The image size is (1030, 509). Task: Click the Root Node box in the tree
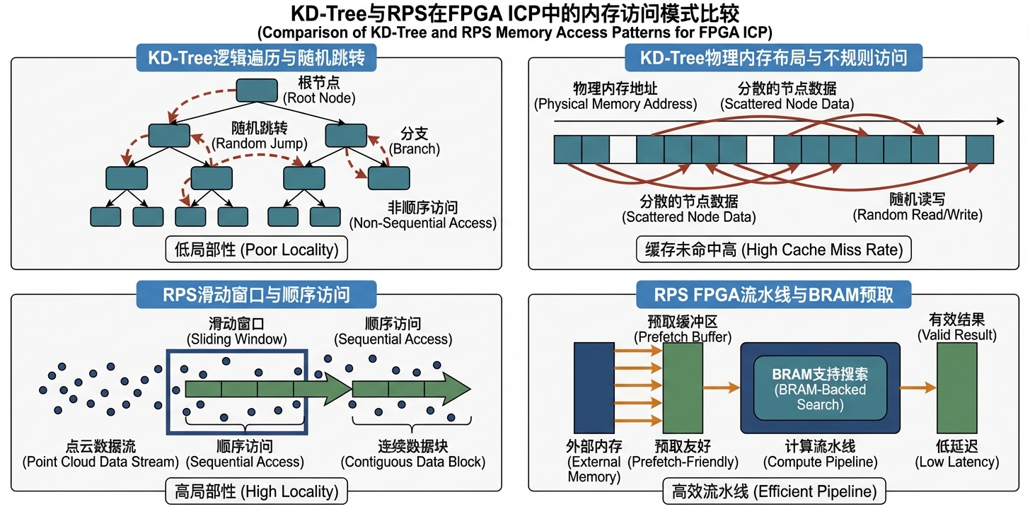256,90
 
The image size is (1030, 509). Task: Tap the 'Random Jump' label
260,135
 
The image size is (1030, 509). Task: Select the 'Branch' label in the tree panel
415,141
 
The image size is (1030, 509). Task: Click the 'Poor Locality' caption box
256,249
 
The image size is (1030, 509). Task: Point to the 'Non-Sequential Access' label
422,215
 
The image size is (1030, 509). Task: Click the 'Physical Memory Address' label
615,96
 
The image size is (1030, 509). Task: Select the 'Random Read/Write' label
918,207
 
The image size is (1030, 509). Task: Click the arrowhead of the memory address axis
1000,122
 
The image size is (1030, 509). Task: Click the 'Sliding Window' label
236,332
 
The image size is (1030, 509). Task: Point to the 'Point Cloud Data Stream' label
100,454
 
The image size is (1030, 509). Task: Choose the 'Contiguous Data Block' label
412,454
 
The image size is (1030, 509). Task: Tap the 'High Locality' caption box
256,490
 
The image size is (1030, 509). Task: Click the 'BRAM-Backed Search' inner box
820,389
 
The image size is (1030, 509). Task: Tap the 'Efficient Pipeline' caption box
774,490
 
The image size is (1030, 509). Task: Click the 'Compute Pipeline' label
820,454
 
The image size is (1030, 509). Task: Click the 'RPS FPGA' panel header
774,294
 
